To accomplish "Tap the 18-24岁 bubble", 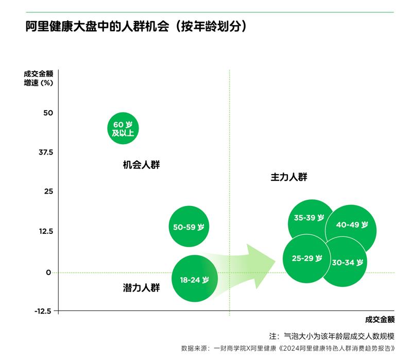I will pos(194,280).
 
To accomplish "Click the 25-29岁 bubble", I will pos(307,258).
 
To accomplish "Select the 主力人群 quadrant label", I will pos(288,177).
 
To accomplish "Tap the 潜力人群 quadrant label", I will pos(142,288).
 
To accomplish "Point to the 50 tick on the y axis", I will pos(48,113).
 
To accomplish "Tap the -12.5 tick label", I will pos(43,311).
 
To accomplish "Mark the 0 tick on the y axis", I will pos(49,272).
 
